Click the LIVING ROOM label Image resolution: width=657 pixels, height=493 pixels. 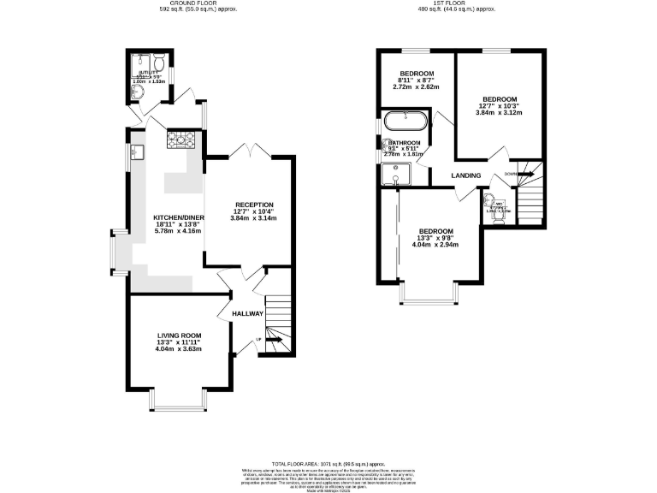[x=179, y=336]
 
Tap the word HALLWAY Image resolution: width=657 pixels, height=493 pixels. [x=247, y=313]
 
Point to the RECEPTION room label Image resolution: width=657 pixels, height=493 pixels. [x=254, y=205]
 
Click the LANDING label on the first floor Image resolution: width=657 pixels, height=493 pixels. [x=467, y=176]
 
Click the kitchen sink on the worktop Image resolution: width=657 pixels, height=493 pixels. [x=138, y=152]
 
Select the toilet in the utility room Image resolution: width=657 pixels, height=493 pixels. [x=158, y=62]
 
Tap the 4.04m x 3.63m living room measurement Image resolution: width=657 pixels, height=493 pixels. [x=179, y=349]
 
